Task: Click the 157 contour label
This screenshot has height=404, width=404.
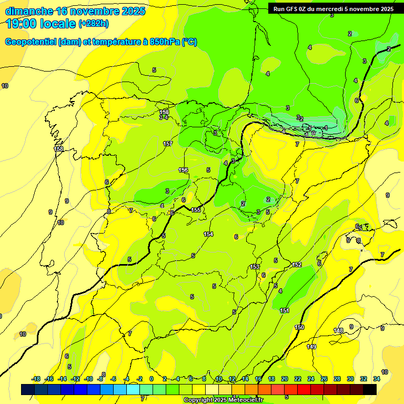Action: tap(168, 144)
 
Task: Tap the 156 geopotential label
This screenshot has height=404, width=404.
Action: tap(183, 170)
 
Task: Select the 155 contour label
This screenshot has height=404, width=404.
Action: tap(196, 210)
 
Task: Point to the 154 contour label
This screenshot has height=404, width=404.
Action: tap(208, 234)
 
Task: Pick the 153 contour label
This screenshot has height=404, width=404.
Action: tap(255, 267)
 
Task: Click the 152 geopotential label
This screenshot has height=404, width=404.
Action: tap(297, 265)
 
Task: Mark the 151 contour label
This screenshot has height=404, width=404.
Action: tap(285, 311)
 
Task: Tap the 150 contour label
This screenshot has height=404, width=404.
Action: tap(299, 327)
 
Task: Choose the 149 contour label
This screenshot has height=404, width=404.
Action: tap(311, 347)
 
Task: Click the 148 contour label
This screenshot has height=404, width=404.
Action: tap(339, 330)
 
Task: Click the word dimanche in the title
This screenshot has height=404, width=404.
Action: tap(29, 11)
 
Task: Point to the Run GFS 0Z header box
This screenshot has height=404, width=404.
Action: tap(331, 8)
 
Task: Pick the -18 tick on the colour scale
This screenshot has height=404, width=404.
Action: tap(36, 379)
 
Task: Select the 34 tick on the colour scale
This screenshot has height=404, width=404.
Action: tap(376, 379)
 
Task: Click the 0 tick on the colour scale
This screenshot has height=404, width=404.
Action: tap(151, 379)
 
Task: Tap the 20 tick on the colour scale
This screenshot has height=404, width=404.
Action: tap(285, 379)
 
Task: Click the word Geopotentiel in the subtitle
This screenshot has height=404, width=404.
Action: tap(30, 42)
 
